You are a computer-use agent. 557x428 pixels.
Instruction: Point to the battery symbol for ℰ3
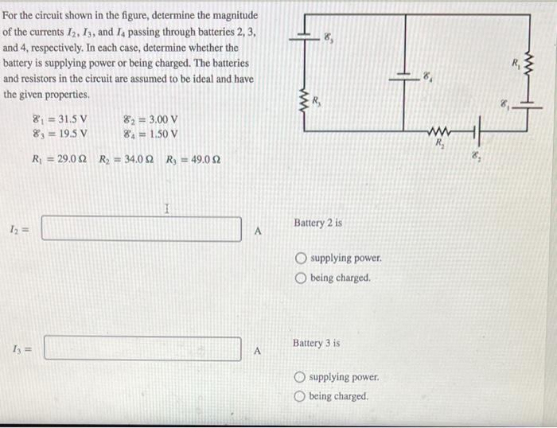303,36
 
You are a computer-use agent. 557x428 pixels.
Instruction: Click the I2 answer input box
142,229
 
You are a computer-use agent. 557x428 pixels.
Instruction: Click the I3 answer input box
142,348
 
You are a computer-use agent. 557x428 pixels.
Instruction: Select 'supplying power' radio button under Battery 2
301,259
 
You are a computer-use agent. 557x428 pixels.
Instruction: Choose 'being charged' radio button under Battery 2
301,278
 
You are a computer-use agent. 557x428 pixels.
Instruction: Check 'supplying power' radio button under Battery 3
299,377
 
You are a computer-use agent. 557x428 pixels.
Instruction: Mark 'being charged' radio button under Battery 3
299,396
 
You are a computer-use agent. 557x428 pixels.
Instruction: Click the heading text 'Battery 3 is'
316,343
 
